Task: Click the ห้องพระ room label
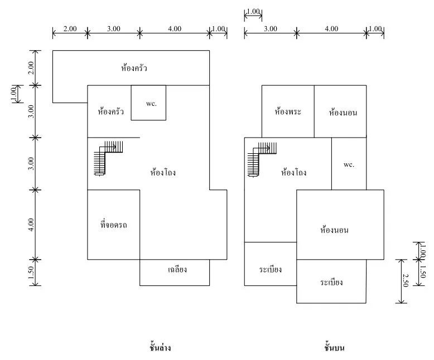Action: point(288,111)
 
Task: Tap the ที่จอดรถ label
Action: point(113,224)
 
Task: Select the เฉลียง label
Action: point(177,269)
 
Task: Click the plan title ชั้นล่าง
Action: point(160,347)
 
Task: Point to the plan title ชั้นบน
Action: point(334,347)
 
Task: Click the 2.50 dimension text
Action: point(405,280)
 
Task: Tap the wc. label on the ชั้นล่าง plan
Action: point(151,104)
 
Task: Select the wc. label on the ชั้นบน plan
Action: point(349,165)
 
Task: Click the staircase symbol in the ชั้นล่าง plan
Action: point(108,158)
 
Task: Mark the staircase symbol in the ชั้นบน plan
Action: point(262,159)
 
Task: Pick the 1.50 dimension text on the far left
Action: point(31,273)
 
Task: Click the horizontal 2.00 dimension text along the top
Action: point(70,29)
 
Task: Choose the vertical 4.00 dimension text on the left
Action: point(31,225)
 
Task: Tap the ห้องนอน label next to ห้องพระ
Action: point(343,112)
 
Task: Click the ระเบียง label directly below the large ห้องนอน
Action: point(331,283)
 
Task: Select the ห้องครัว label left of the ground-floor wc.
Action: point(110,111)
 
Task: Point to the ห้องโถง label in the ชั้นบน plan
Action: point(293,172)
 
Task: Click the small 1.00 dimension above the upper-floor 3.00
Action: point(253,12)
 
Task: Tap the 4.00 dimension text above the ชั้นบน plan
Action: point(331,29)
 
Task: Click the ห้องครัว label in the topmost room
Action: point(134,68)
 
